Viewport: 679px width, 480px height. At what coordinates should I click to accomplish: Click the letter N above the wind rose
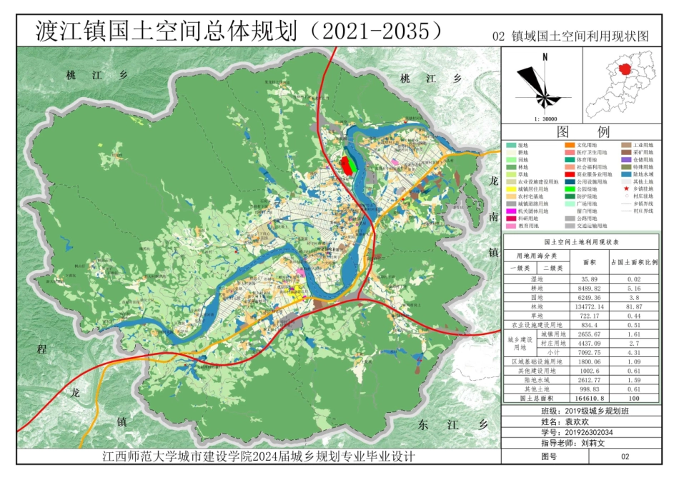[545, 56]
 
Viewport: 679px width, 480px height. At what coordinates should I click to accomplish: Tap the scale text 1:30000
[545, 119]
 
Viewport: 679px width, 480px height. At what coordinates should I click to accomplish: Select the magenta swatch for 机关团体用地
[511, 211]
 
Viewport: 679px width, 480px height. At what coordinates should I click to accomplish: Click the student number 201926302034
[589, 432]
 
